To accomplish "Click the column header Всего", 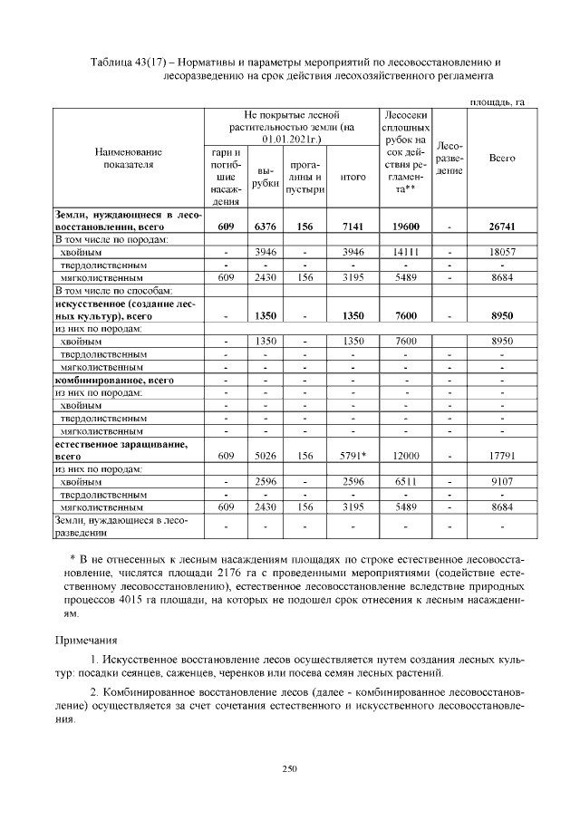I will (502, 158).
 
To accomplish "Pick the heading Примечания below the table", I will (88, 640).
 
